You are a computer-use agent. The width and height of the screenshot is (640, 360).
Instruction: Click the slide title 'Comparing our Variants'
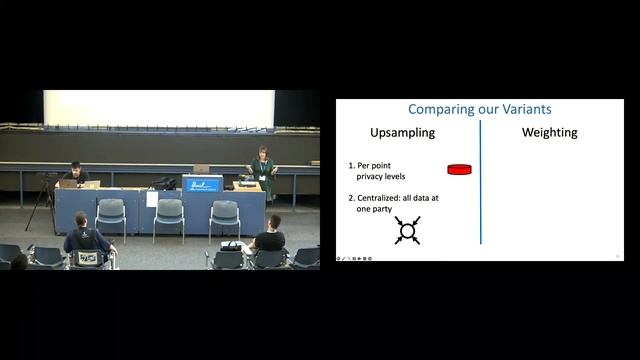479,109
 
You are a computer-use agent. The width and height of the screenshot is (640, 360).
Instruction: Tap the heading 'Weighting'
550,133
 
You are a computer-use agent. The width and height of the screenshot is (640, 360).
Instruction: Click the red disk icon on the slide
459,169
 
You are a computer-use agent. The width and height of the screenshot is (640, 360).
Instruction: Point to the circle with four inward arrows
407,231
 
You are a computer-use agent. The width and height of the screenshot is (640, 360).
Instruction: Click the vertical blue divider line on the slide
481,181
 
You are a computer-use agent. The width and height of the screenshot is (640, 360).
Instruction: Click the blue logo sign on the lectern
202,184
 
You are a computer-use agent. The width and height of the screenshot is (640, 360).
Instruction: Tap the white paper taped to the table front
152,199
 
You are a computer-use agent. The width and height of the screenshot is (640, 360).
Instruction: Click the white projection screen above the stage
159,108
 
